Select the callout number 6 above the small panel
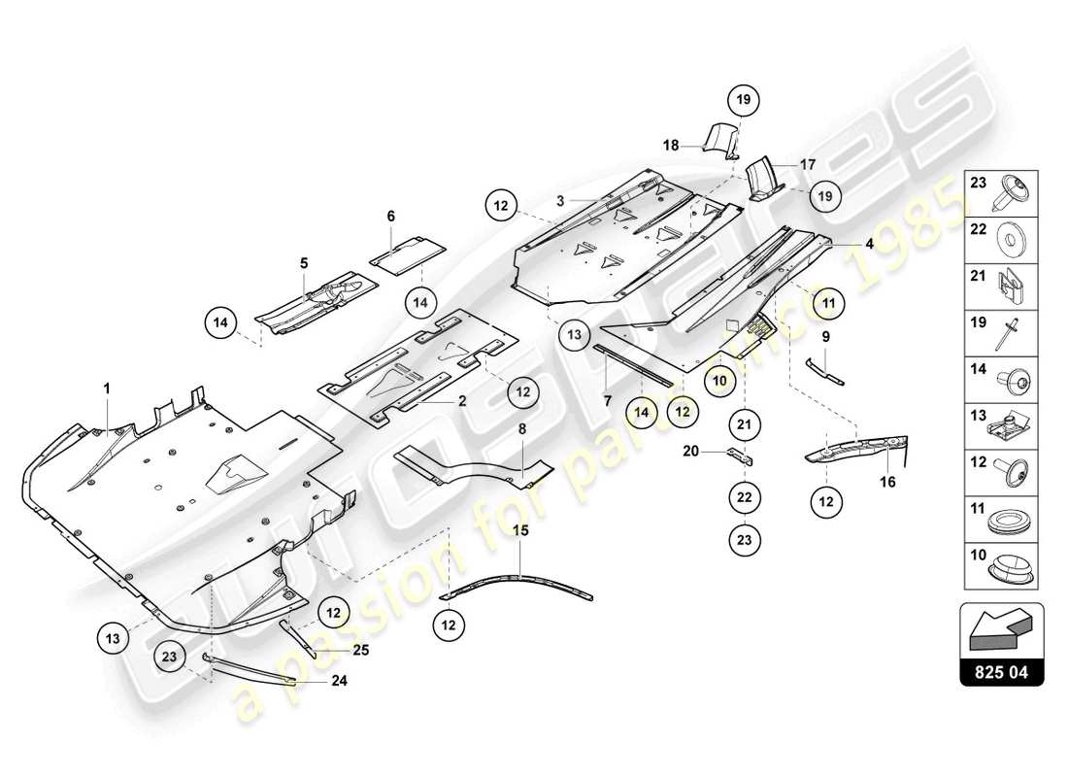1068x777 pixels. (x=390, y=217)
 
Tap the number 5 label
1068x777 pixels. (x=303, y=262)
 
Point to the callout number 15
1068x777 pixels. (x=520, y=531)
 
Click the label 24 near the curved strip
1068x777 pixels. (x=338, y=681)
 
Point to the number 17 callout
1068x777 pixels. (x=808, y=164)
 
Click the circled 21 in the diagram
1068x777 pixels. (x=744, y=423)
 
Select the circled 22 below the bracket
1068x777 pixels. (x=744, y=496)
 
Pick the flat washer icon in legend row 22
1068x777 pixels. (x=1013, y=236)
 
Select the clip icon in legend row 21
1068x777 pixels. (x=1013, y=283)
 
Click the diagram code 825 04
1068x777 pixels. (x=1001, y=671)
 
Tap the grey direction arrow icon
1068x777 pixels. (x=1001, y=627)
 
